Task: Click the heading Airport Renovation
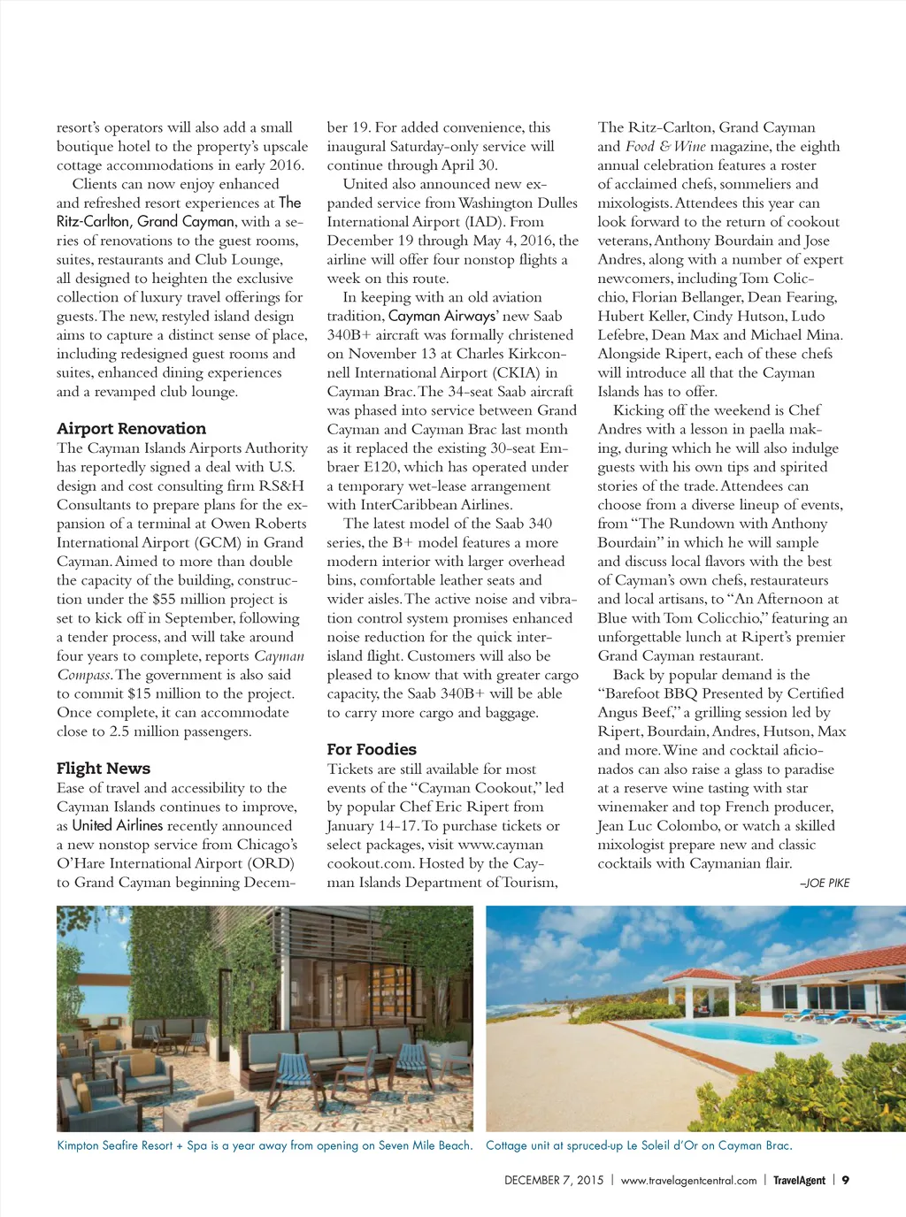(x=131, y=429)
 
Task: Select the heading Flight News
(x=104, y=769)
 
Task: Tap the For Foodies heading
(x=372, y=749)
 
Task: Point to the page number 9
(x=846, y=1180)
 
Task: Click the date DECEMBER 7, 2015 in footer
(x=554, y=1180)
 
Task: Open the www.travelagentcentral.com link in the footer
(x=688, y=1180)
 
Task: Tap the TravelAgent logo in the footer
(x=799, y=1180)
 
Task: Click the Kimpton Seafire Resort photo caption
(x=265, y=1145)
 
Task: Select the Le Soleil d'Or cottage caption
(x=639, y=1145)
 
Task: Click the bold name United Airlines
(x=118, y=825)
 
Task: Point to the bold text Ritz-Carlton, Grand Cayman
(x=146, y=221)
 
